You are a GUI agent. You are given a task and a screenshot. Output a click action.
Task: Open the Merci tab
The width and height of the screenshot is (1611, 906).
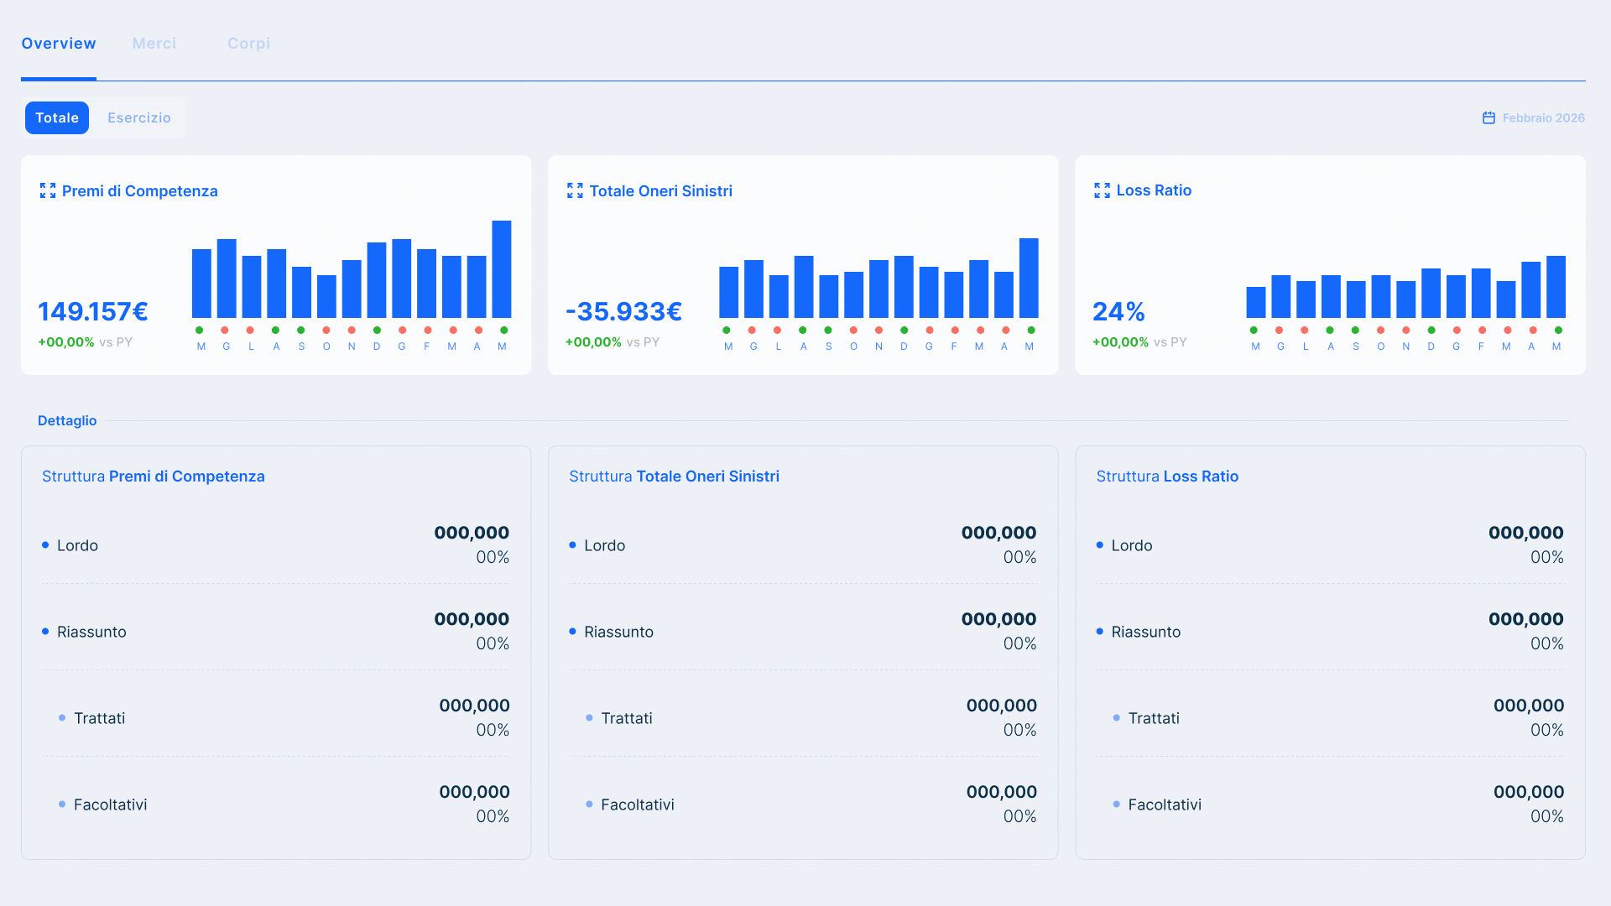tap(154, 44)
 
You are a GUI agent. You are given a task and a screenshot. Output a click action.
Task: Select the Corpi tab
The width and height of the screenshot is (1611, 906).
tap(248, 44)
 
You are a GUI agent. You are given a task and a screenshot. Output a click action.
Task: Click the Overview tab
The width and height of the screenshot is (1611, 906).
tap(59, 44)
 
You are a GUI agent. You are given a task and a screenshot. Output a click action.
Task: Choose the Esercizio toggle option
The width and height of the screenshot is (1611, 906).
tap(139, 118)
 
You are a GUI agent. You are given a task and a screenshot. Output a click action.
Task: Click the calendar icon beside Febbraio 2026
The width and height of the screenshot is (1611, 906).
tap(1488, 118)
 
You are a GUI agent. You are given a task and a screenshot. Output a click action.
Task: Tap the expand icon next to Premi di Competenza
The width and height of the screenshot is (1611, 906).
tap(48, 191)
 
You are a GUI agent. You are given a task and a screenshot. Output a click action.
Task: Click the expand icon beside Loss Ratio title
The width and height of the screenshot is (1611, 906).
tap(1102, 190)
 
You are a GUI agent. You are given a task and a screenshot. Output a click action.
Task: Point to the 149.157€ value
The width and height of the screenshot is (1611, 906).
tap(93, 312)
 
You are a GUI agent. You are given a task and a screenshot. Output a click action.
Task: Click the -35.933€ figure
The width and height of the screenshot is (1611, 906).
tap(623, 312)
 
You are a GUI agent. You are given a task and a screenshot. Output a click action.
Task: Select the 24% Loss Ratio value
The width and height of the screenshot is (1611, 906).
tap(1118, 312)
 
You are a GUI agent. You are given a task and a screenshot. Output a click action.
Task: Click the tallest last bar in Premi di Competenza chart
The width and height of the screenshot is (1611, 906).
tap(502, 268)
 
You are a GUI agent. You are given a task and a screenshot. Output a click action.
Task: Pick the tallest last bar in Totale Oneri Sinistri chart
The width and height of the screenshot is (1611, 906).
tap(1029, 278)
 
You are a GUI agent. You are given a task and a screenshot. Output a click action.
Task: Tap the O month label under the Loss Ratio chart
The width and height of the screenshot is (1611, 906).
tap(1380, 346)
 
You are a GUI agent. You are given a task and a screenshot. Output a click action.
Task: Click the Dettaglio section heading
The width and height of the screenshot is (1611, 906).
tap(67, 421)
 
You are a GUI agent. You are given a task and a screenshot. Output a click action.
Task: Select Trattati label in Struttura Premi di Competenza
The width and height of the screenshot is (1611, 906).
tap(99, 718)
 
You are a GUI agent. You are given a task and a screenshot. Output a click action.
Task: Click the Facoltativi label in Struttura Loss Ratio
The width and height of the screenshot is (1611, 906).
tap(1165, 804)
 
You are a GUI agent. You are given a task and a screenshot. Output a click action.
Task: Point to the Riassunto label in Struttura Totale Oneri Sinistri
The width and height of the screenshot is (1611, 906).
tap(618, 632)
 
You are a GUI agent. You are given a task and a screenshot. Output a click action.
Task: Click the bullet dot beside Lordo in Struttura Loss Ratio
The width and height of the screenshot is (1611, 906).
tap(1099, 545)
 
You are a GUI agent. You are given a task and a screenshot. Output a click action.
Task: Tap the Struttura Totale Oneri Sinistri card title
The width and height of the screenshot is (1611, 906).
tap(674, 476)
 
